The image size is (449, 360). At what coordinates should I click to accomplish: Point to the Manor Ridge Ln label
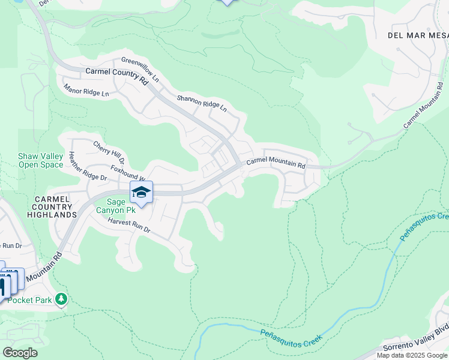tap(86, 91)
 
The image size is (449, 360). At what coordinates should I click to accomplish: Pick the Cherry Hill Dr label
tap(109, 152)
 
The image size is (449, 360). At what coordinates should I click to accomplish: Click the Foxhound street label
tap(127, 174)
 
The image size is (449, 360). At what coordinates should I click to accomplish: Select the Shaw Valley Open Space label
tap(40, 160)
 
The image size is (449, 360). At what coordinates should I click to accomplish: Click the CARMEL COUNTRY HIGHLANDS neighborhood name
tap(55, 206)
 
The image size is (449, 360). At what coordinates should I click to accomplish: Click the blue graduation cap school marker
tap(141, 192)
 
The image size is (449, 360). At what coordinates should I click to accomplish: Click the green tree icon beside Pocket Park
tap(61, 298)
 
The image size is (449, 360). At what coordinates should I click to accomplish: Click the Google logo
tap(20, 352)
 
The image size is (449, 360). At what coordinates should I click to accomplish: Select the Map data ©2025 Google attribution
tap(412, 355)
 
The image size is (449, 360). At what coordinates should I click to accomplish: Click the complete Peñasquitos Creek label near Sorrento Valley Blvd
tap(292, 335)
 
